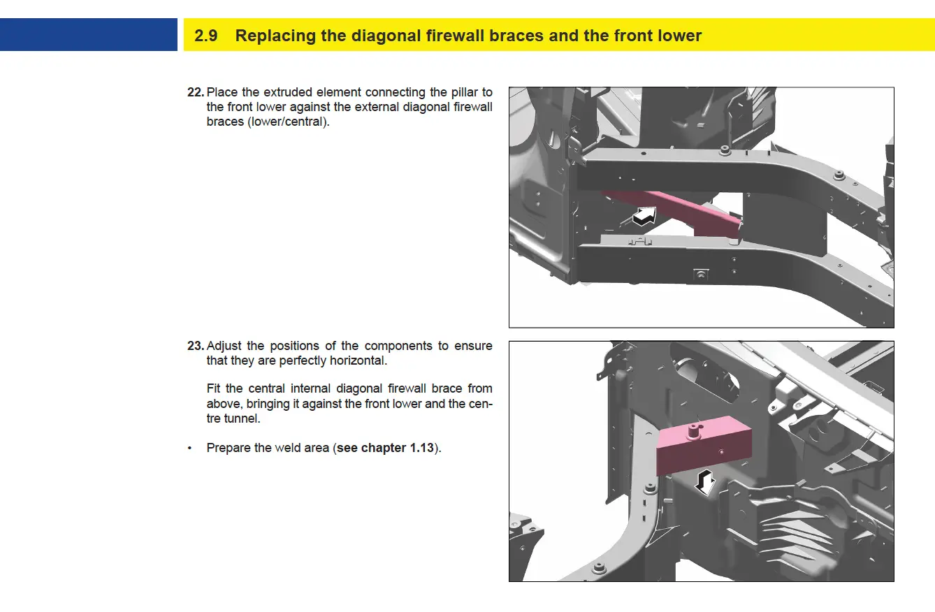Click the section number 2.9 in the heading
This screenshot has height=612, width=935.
tap(206, 36)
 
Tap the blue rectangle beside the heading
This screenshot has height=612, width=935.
tap(89, 35)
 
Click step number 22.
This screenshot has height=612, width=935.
tap(195, 92)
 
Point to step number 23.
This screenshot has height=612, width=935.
tap(195, 346)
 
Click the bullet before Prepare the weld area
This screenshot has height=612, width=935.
tap(189, 448)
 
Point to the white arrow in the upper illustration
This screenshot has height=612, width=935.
tap(645, 216)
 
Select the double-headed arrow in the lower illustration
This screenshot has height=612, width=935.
tap(706, 481)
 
